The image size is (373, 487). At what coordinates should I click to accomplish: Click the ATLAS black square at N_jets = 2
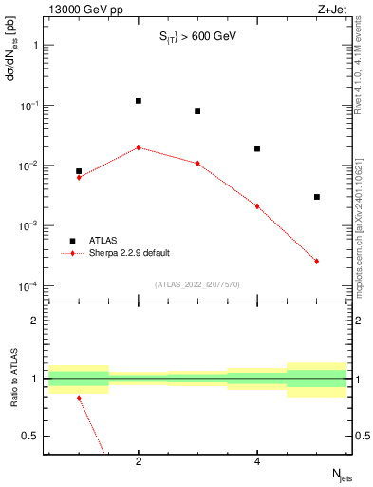tap(139, 101)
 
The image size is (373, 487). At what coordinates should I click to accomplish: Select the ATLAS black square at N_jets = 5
tap(317, 197)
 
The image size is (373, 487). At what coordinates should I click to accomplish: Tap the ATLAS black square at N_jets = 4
tap(257, 149)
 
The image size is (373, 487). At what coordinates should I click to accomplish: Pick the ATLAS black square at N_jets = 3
tap(197, 111)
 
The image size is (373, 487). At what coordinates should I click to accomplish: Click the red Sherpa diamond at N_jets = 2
tap(139, 147)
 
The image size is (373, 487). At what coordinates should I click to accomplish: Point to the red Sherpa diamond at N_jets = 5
tap(317, 261)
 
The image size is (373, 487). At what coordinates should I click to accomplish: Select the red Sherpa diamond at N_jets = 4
tap(257, 205)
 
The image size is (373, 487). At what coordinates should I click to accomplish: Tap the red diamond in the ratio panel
tap(79, 398)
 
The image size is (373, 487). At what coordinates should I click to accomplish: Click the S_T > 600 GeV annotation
tap(196, 37)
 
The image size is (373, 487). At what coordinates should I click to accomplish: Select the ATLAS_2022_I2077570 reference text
tap(197, 282)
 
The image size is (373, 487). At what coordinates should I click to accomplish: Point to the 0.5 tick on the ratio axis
tap(32, 436)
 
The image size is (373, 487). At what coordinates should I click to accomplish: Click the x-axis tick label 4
tap(257, 461)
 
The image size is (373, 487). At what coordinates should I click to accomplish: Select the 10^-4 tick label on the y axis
tap(28, 286)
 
